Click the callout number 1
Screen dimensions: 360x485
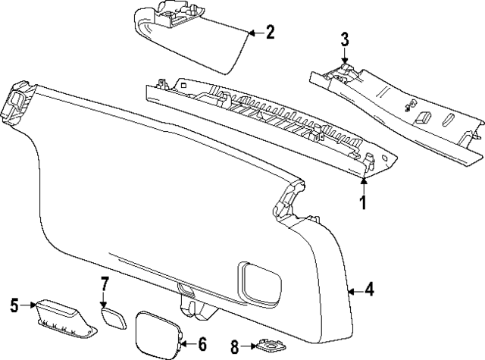tap(362, 203)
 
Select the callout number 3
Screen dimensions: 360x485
tap(344, 39)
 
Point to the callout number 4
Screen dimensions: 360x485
tap(369, 289)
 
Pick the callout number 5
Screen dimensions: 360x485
tap(14, 305)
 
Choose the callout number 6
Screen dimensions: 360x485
tap(202, 343)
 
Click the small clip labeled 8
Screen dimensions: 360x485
tap(267, 346)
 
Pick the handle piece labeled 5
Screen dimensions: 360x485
tap(64, 314)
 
